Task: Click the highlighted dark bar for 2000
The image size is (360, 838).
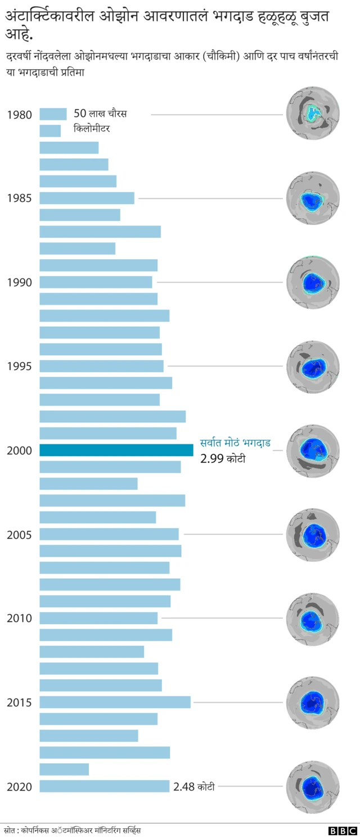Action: point(116,450)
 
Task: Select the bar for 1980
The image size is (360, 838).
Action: point(53,114)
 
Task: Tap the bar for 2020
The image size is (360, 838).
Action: point(104,786)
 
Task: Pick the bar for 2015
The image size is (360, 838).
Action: point(115,702)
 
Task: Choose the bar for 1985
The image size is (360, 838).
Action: point(87,198)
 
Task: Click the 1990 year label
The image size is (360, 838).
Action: point(19,282)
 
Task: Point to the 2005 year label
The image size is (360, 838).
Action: point(19,534)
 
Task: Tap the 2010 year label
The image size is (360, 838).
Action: point(19,618)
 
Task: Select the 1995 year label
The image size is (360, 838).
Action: point(19,366)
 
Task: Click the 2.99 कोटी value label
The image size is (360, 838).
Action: point(223,459)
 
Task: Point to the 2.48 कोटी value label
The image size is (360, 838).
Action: point(193,787)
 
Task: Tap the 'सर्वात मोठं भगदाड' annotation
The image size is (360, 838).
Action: point(235,443)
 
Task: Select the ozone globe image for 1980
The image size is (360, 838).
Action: point(313,114)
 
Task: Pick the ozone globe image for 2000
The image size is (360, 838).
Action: point(313,450)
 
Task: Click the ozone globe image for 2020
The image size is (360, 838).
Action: point(313,787)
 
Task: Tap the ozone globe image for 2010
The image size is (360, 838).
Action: point(313,619)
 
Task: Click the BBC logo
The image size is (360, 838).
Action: point(343,830)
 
